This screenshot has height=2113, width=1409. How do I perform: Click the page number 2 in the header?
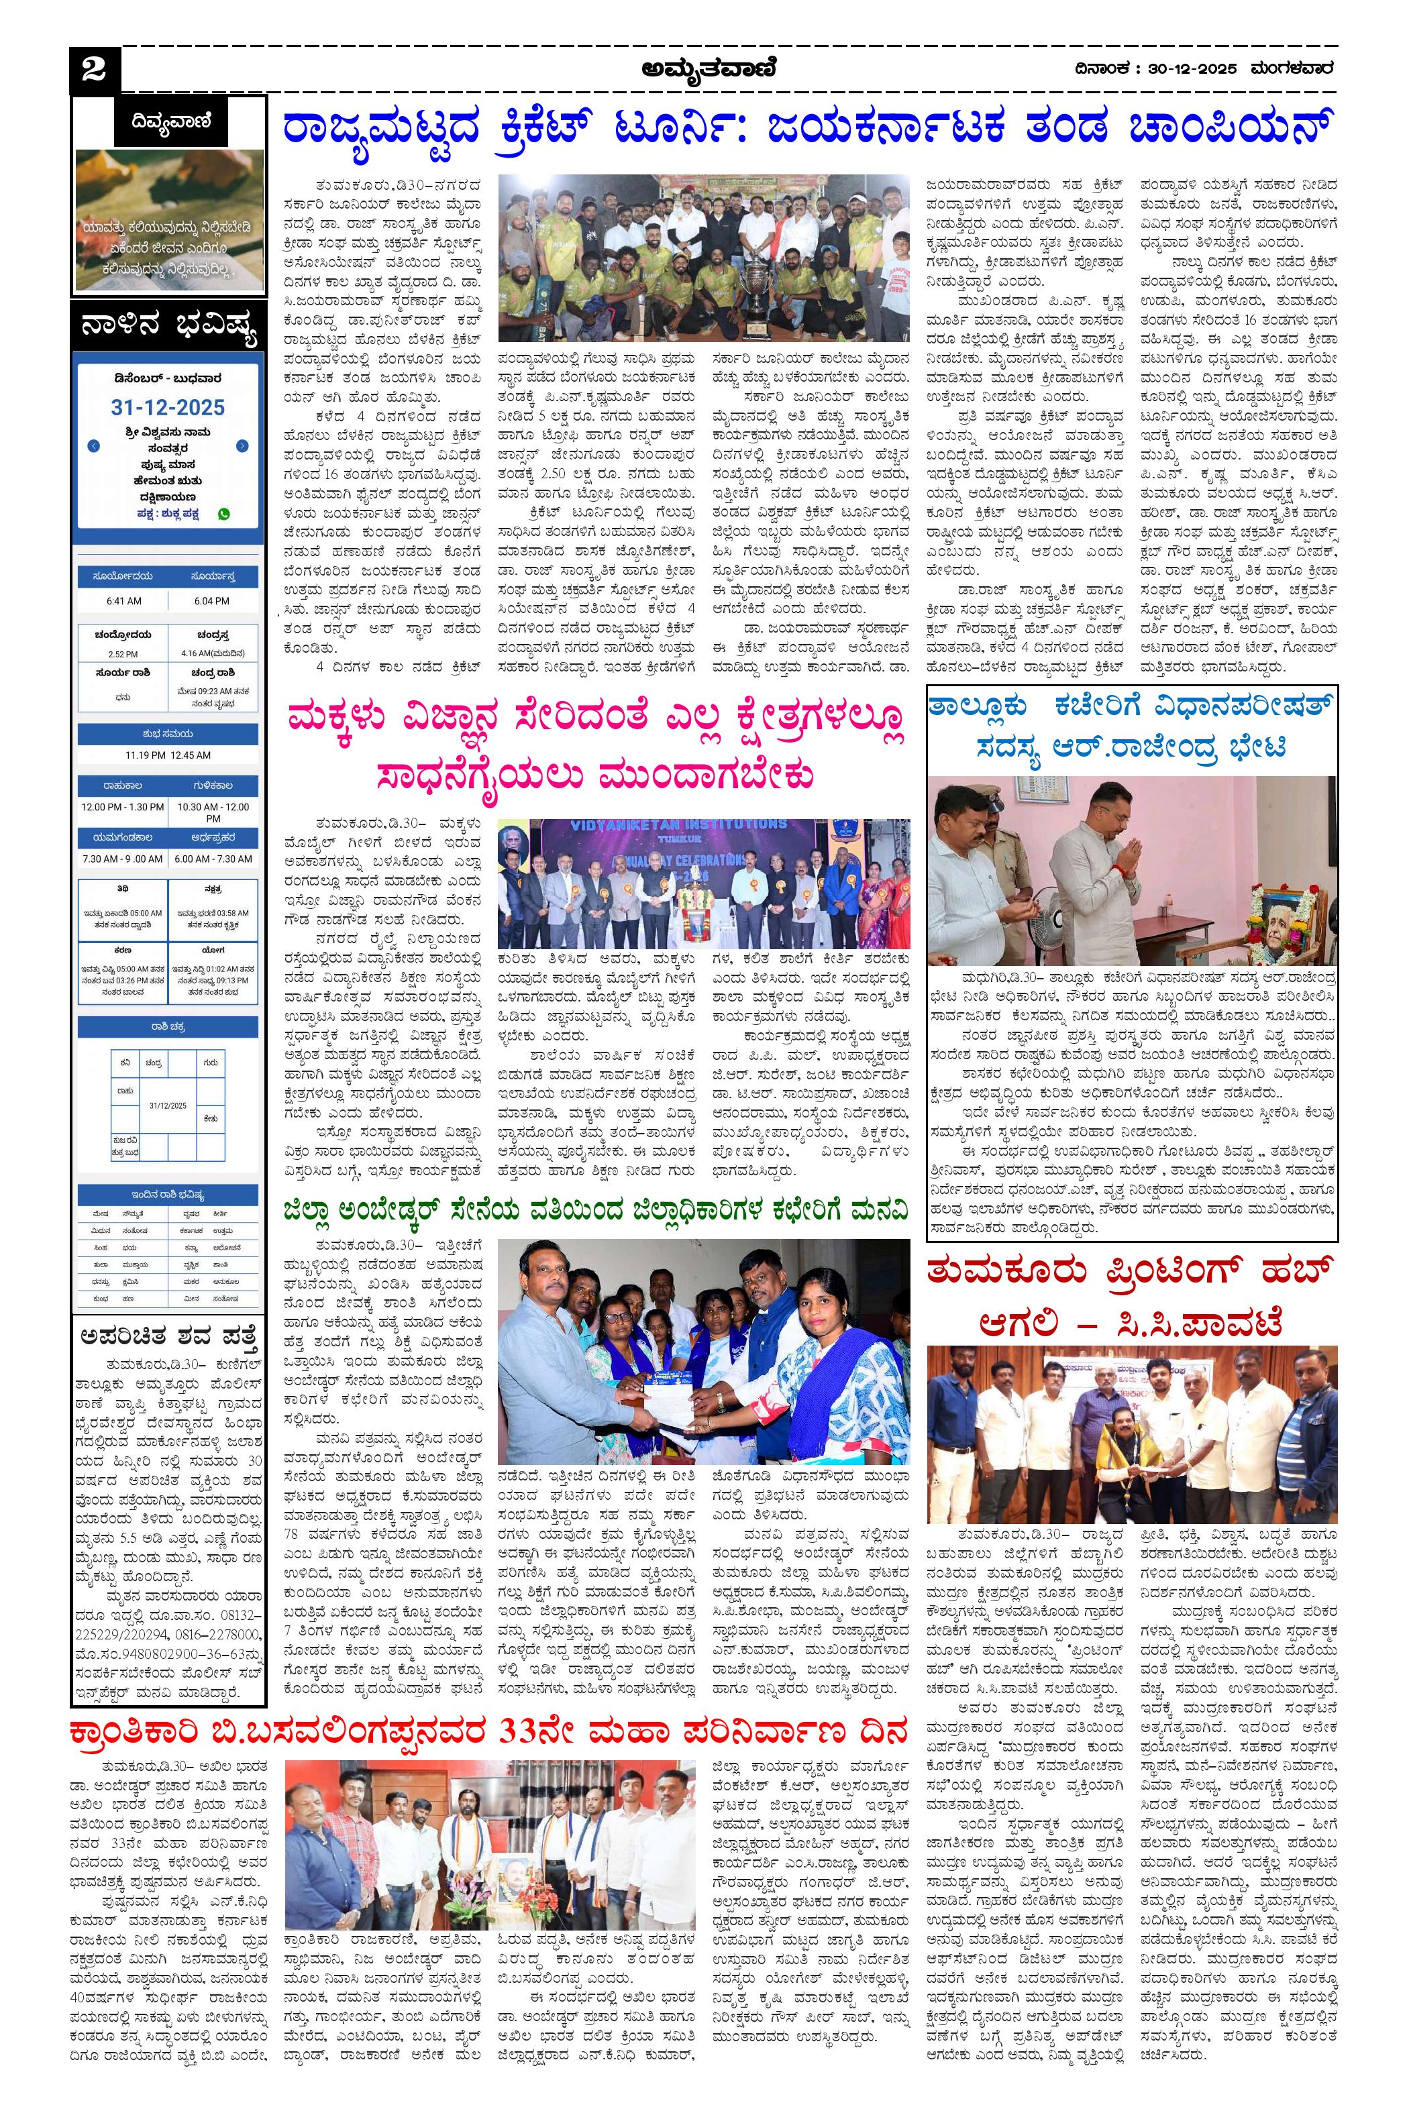pyautogui.click(x=93, y=70)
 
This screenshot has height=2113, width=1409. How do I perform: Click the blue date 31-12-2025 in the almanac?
pyautogui.click(x=168, y=407)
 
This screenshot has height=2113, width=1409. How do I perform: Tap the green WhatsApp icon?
pyautogui.click(x=223, y=514)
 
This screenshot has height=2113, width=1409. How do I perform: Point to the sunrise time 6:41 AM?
pyautogui.click(x=123, y=600)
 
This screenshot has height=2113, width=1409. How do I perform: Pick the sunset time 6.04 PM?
pyautogui.click(x=212, y=600)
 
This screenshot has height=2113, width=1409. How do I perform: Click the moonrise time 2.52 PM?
pyautogui.click(x=123, y=654)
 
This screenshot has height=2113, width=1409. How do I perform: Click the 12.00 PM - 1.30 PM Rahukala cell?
pyautogui.click(x=122, y=808)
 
